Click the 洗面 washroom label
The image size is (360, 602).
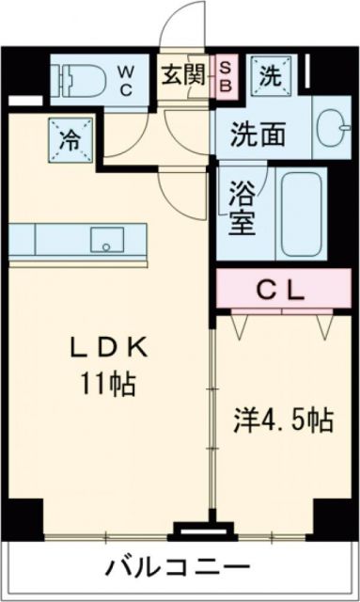coord(258,134)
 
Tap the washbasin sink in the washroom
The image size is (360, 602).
coord(330,131)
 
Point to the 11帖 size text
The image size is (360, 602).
coord(111,384)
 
